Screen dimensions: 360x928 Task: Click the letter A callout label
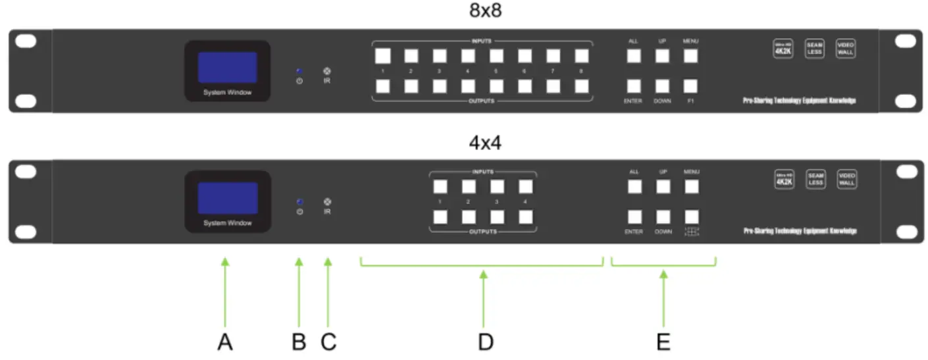click(x=225, y=342)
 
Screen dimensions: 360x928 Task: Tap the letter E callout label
click(x=663, y=342)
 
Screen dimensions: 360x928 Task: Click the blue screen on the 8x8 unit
click(x=227, y=67)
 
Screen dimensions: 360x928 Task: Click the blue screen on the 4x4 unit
click(x=227, y=198)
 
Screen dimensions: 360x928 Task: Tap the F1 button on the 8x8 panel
click(x=690, y=86)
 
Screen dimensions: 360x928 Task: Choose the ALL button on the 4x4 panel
click(x=634, y=187)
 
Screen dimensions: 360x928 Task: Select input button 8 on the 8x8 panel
click(x=581, y=55)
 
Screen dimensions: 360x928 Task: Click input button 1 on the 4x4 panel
click(x=440, y=187)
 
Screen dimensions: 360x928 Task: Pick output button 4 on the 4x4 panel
click(x=525, y=217)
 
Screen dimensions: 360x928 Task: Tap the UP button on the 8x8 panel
click(x=662, y=56)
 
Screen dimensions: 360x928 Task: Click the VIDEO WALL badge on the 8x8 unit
click(x=846, y=49)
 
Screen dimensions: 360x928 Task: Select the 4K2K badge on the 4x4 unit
click(x=783, y=180)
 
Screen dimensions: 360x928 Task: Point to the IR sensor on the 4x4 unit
click(x=327, y=202)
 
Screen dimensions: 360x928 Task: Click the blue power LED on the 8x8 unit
click(x=299, y=70)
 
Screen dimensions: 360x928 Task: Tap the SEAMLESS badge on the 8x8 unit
click(x=815, y=49)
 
